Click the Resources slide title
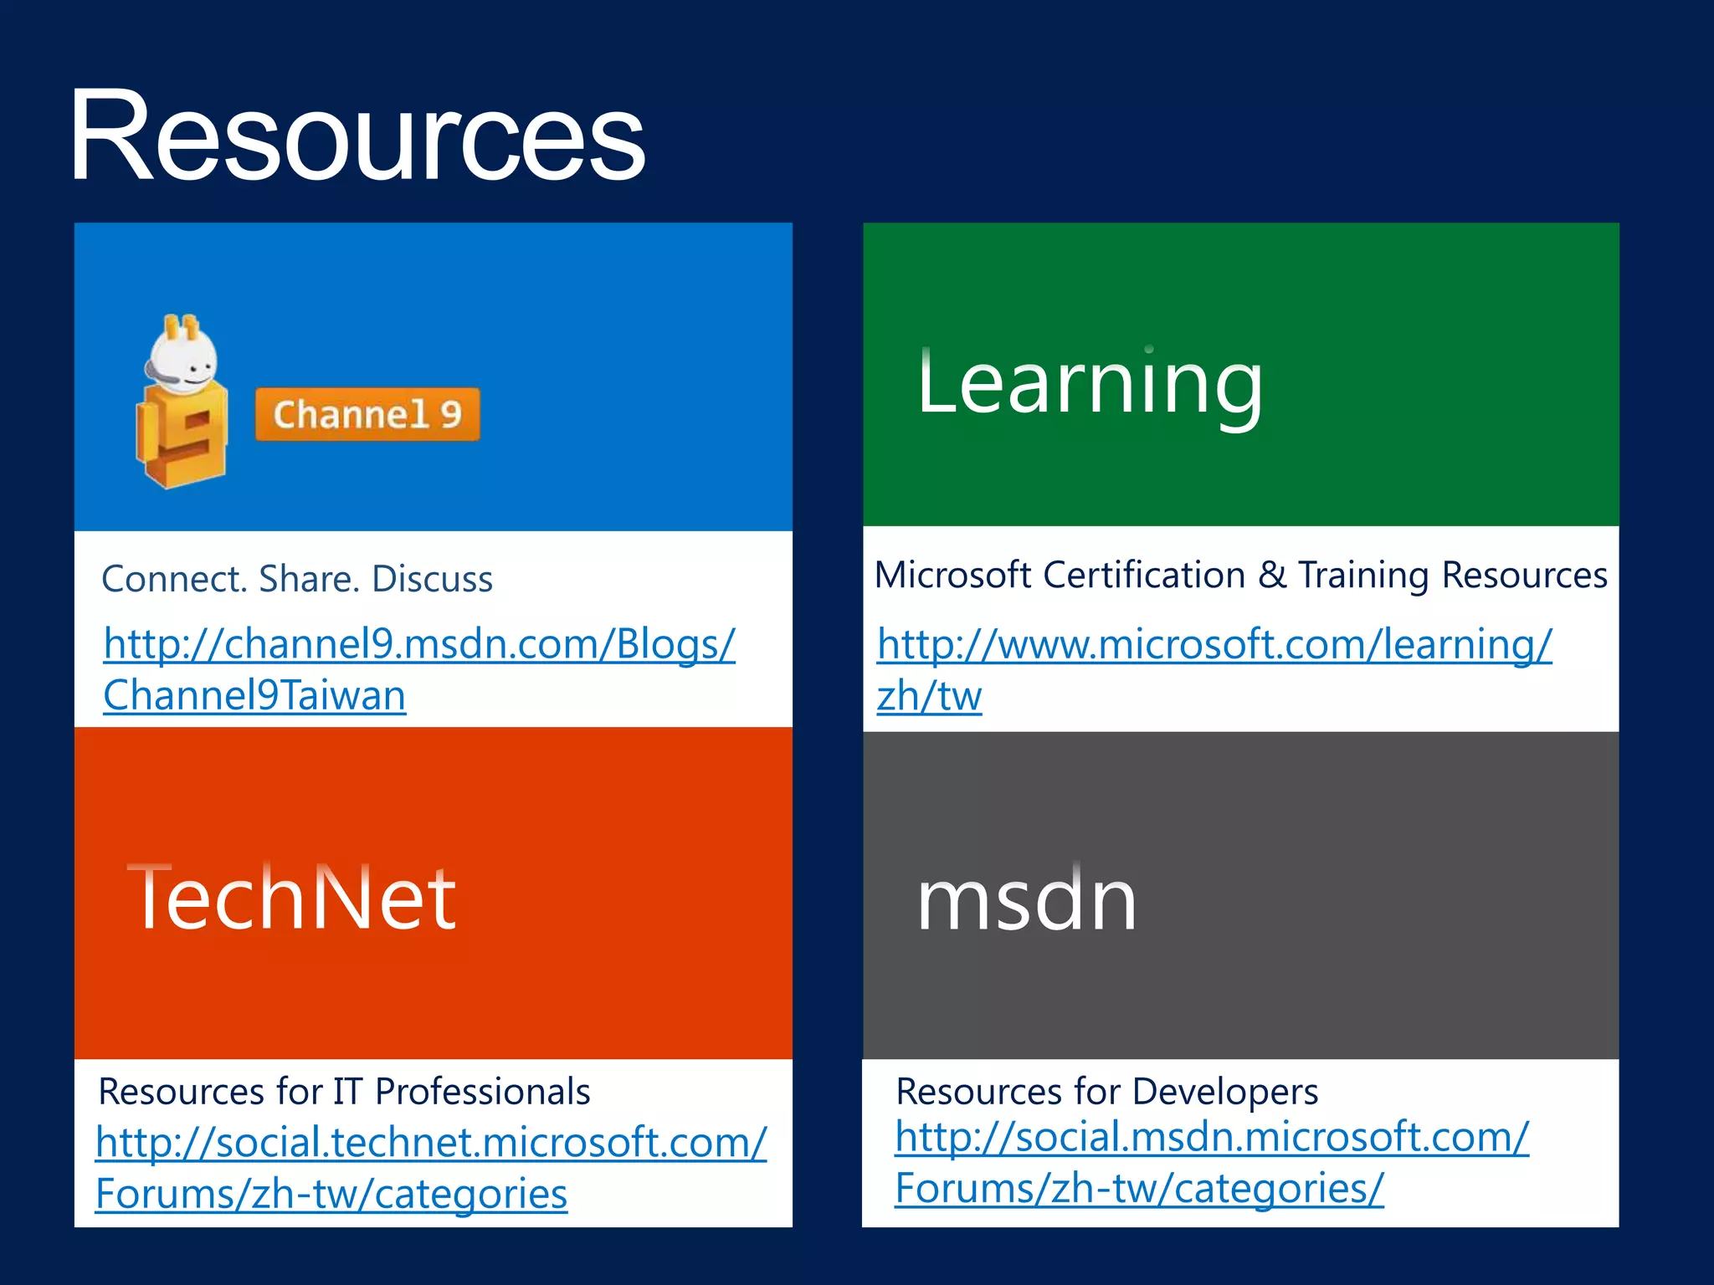click(357, 136)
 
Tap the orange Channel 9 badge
click(367, 414)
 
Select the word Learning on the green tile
click(1089, 383)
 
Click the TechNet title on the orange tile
click(291, 898)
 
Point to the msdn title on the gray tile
click(1027, 900)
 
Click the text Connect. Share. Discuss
click(297, 579)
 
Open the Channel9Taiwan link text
click(254, 695)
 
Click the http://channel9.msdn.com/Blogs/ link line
click(419, 644)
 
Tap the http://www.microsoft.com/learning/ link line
click(1214, 644)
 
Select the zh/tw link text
click(929, 696)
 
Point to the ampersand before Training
click(1271, 576)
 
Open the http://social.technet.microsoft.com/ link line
click(431, 1143)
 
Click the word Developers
click(1225, 1092)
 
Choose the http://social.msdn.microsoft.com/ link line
click(1212, 1138)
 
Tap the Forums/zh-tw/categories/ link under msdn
click(1139, 1189)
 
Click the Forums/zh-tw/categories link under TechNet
click(331, 1194)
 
